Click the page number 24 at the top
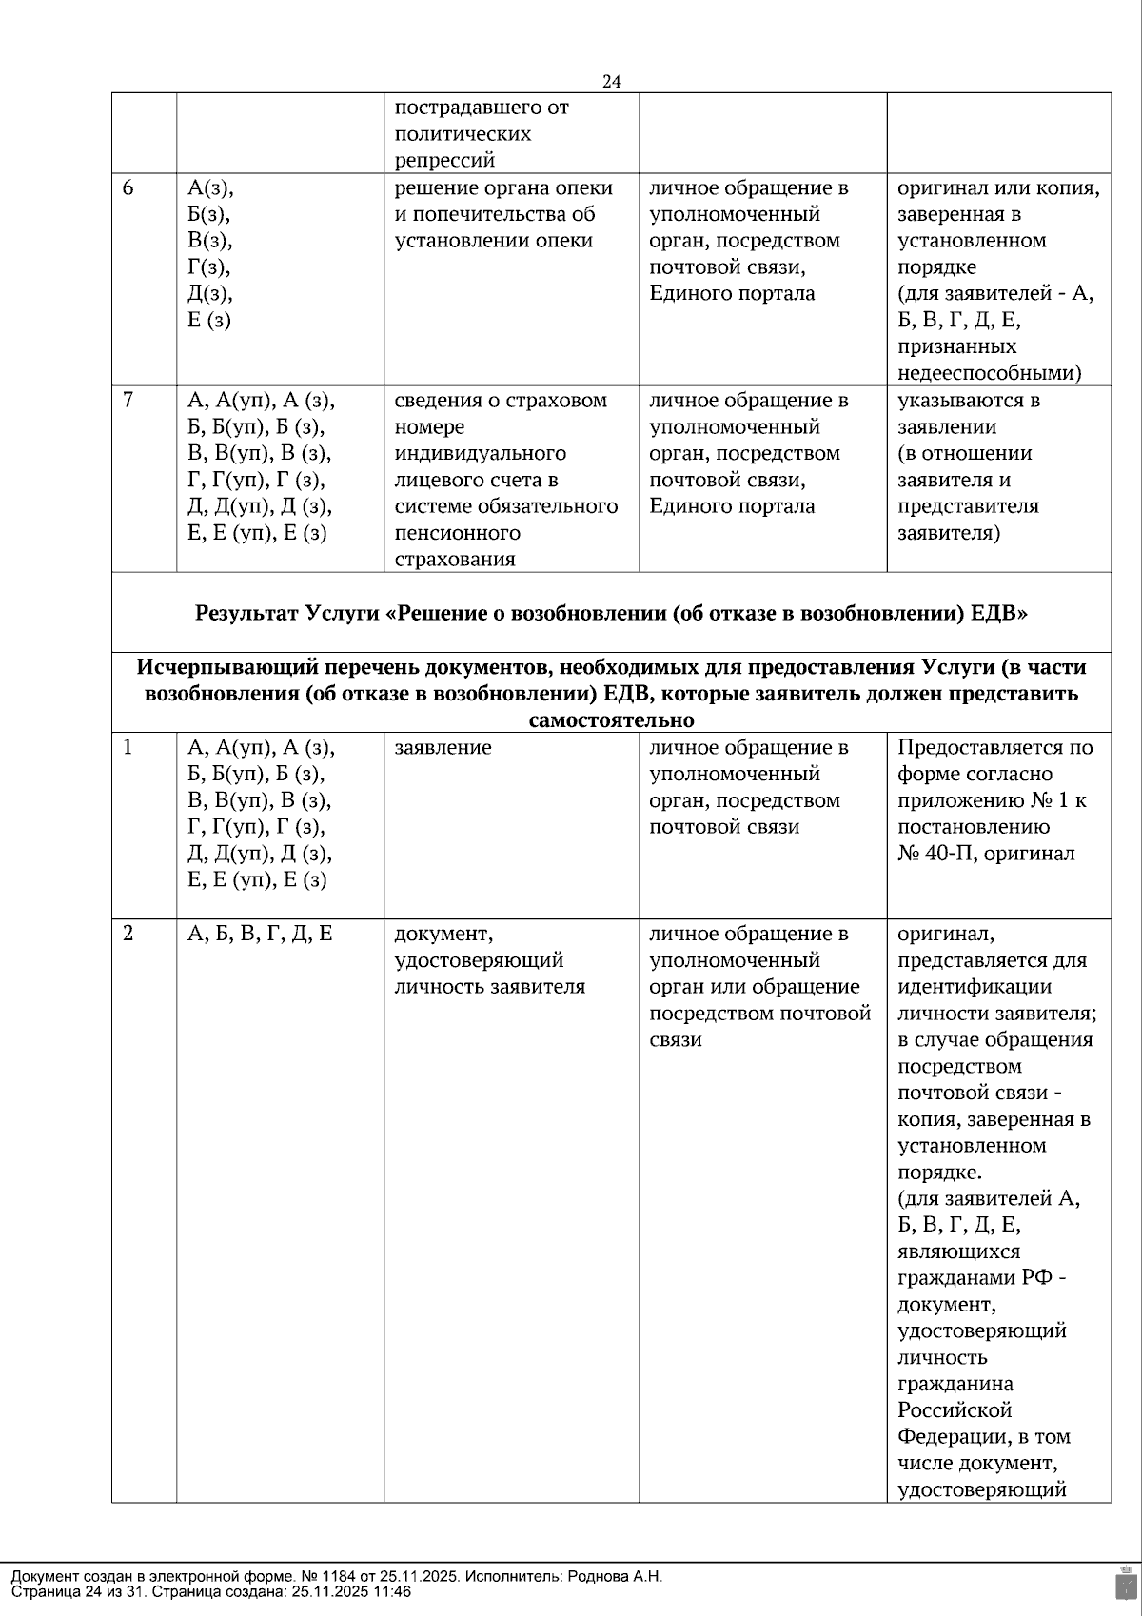(x=612, y=82)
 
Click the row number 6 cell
(x=128, y=188)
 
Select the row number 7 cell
(x=128, y=401)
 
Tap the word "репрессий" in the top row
(x=444, y=160)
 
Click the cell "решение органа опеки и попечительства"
(x=503, y=214)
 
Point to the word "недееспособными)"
(x=990, y=373)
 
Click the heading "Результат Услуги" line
(x=611, y=613)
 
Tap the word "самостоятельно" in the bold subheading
(x=611, y=719)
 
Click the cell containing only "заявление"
(x=443, y=748)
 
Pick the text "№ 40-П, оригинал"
(x=986, y=854)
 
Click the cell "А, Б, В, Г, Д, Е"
(x=260, y=935)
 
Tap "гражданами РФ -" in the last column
(x=981, y=1278)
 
